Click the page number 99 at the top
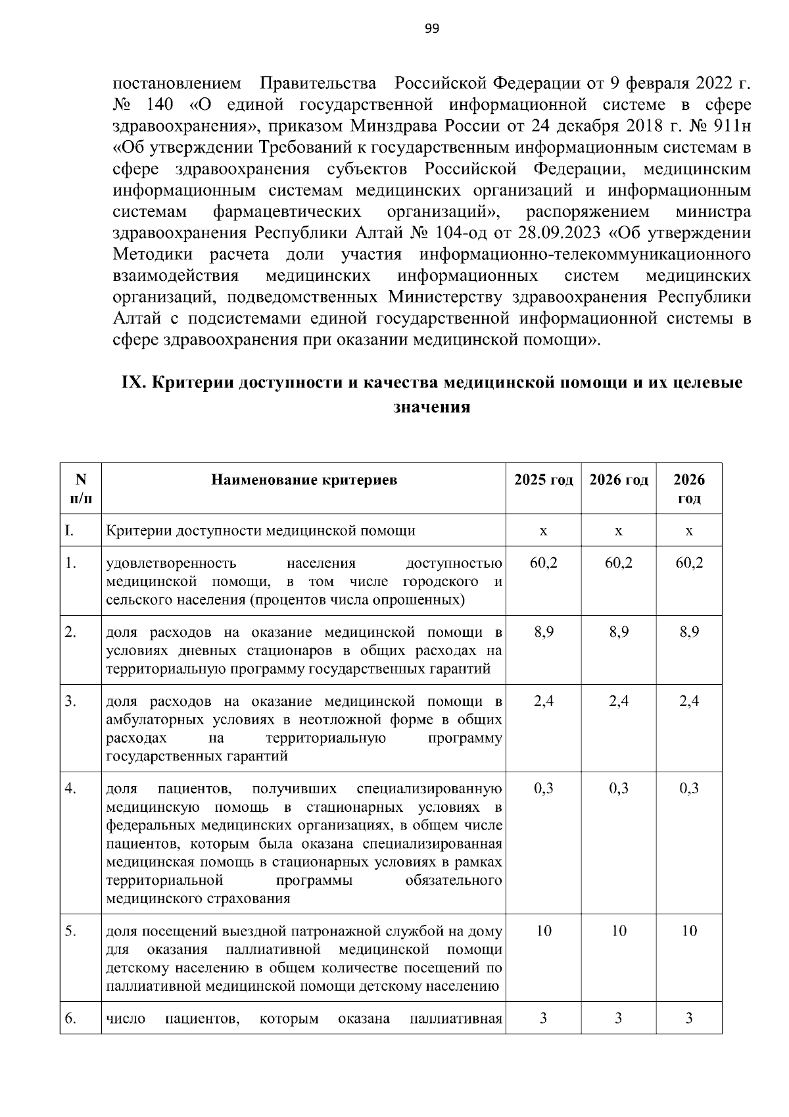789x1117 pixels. (x=431, y=28)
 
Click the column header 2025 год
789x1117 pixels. (x=543, y=480)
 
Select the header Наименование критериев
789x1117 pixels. (x=304, y=480)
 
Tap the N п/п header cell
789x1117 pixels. (x=80, y=489)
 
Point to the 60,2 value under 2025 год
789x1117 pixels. (x=543, y=563)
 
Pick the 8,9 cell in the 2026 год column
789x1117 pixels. (x=619, y=632)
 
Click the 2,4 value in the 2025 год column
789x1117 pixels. (x=543, y=701)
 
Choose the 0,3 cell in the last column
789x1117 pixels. (x=689, y=788)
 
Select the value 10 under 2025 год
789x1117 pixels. (x=543, y=931)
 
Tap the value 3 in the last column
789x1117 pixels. (x=689, y=1019)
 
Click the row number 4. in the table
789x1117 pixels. (x=71, y=788)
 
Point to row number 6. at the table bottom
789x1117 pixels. (x=71, y=1019)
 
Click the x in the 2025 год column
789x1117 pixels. (x=543, y=531)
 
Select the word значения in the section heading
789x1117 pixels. (x=431, y=407)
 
